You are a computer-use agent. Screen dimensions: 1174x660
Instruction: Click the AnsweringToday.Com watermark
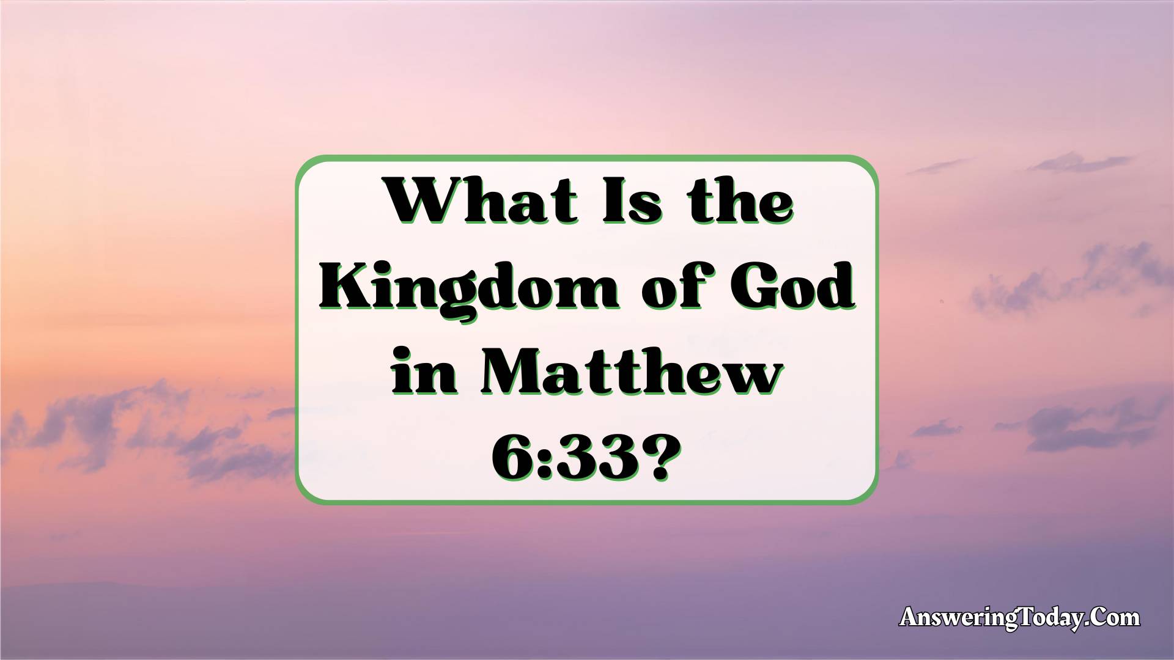pyautogui.click(x=1020, y=618)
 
